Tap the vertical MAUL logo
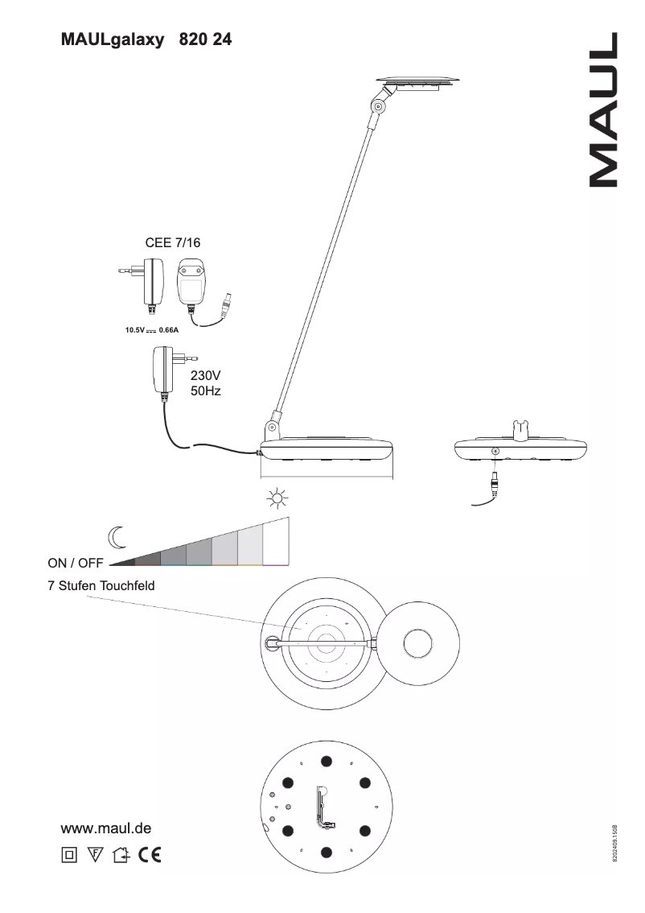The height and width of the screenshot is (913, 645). (603, 110)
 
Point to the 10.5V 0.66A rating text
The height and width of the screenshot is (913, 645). (151, 330)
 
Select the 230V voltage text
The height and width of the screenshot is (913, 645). (205, 376)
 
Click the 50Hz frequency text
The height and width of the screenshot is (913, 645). (205, 390)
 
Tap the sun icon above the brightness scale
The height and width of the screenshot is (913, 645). (277, 499)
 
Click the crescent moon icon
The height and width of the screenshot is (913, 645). (117, 535)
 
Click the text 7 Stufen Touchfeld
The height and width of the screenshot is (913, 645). (101, 586)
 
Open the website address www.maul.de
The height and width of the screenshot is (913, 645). (106, 828)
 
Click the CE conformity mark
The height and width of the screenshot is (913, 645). (149, 854)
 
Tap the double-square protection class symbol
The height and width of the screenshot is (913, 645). (69, 854)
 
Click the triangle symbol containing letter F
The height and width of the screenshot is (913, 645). (95, 854)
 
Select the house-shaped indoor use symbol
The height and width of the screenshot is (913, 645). (121, 854)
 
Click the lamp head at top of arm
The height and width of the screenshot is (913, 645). (418, 81)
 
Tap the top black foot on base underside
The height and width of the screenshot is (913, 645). (326, 761)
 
